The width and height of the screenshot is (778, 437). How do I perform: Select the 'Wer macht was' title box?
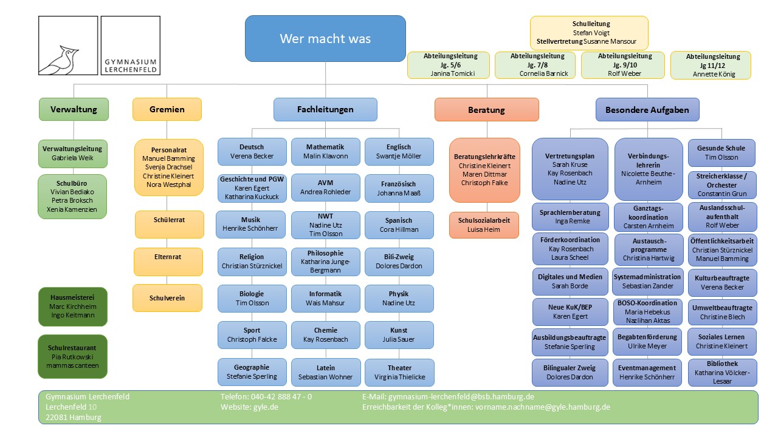pos(325,39)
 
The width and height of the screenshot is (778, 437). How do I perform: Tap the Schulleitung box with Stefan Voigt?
pos(589,33)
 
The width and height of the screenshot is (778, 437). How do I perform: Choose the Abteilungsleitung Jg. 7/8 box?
pos(537,65)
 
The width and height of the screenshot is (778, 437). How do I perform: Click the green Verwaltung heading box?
pos(74,109)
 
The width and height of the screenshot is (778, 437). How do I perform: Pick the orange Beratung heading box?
pos(486,110)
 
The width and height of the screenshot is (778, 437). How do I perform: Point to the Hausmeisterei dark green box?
pos(72,307)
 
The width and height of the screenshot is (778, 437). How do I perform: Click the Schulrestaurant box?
pos(72,356)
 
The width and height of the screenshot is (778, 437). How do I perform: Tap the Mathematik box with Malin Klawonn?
pos(325,152)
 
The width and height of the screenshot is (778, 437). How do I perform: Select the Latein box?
pos(325,372)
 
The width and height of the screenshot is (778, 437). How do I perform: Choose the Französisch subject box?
pos(399,188)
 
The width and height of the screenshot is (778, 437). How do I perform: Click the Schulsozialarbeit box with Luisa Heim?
pos(484,225)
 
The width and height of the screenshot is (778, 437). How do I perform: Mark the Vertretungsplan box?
pos(570,169)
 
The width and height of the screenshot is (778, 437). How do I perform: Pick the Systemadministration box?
pos(647,281)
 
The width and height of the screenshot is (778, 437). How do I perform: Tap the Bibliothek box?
pos(722,372)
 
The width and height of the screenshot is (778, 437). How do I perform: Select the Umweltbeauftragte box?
pos(722,312)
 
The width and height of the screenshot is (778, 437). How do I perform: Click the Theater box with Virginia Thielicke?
pos(399,372)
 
